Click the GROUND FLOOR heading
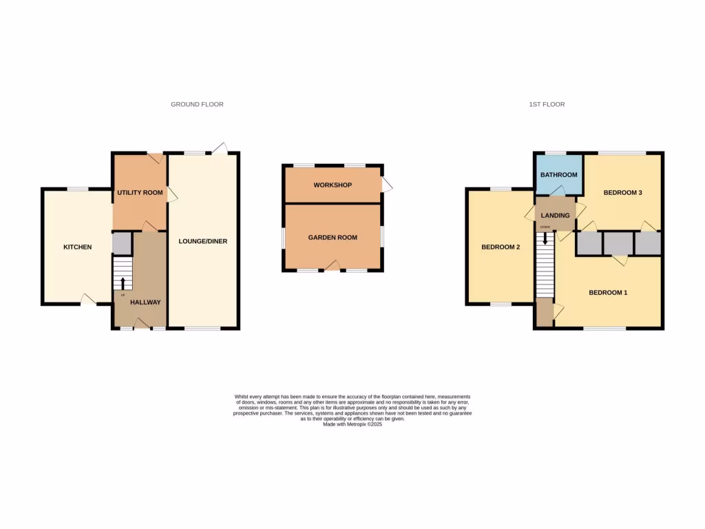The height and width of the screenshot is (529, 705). click(197, 105)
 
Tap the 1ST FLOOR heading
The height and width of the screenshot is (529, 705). click(547, 105)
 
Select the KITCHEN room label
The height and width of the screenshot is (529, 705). click(78, 247)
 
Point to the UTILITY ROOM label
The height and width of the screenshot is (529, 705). click(140, 193)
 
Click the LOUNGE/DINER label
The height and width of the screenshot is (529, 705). click(202, 242)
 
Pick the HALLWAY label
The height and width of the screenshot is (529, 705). click(145, 302)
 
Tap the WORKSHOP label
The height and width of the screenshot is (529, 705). click(333, 185)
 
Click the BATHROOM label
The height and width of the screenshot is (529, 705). click(558, 175)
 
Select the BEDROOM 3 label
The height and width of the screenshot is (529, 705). click(622, 193)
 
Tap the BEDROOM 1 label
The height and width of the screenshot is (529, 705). click(608, 293)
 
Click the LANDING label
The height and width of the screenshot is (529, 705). click(556, 216)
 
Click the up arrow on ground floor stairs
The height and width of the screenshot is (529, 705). click(123, 282)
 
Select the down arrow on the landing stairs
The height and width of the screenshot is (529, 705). click(546, 238)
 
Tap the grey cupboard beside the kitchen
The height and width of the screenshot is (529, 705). click(121, 244)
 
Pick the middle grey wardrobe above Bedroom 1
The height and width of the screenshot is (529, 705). click(618, 244)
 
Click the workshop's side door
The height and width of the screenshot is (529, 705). click(386, 185)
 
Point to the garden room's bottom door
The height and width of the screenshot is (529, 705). click(333, 266)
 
